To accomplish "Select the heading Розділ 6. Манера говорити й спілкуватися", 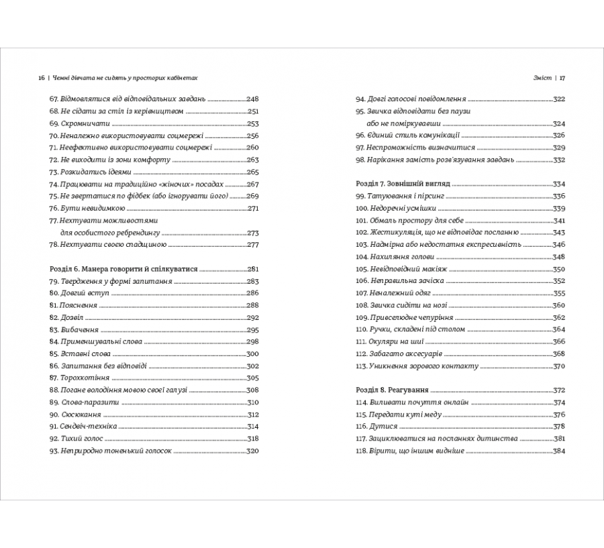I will tap(124, 269).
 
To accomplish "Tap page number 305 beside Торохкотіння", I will tap(252, 378).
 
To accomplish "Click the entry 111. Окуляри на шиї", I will tap(393, 341).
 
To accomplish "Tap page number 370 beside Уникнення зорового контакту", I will tap(559, 366).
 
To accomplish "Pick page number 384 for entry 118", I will tap(559, 451).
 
